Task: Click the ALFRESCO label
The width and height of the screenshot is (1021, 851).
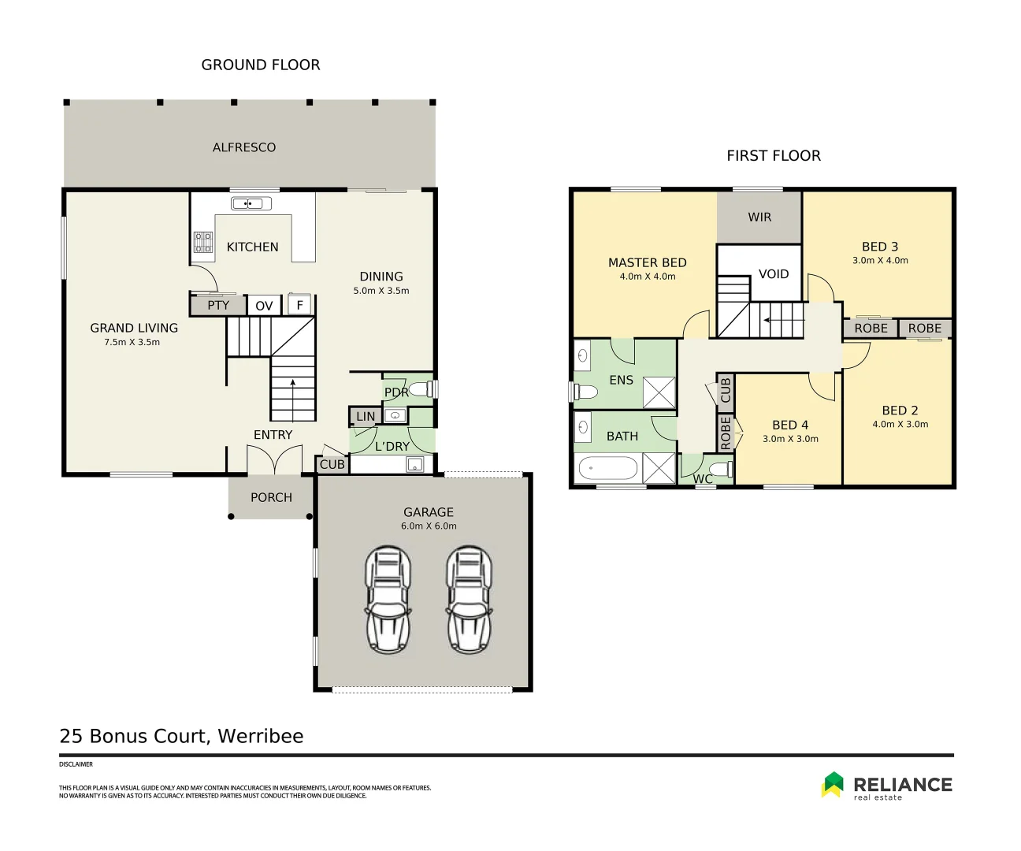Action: click(x=244, y=147)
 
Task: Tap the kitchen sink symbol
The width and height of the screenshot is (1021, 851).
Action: click(x=251, y=204)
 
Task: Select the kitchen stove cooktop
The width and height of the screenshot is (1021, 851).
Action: click(x=203, y=242)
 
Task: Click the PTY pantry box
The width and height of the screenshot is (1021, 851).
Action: click(x=218, y=305)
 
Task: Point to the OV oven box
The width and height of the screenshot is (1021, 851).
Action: click(x=264, y=306)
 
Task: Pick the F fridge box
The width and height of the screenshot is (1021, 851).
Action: click(x=299, y=305)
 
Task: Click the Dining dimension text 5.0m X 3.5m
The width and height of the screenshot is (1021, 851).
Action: click(x=381, y=291)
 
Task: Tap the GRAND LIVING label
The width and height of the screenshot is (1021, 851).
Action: click(x=134, y=328)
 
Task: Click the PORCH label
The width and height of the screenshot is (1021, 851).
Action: click(x=271, y=497)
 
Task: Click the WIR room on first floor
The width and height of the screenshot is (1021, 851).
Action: click(x=759, y=217)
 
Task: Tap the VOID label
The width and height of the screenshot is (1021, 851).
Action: click(x=774, y=274)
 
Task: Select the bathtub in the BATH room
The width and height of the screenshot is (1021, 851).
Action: click(x=607, y=470)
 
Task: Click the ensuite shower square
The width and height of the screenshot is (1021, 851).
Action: click(x=659, y=392)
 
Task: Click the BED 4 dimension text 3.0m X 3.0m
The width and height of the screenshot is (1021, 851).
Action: click(x=790, y=439)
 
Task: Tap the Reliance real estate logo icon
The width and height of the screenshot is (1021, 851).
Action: click(x=833, y=785)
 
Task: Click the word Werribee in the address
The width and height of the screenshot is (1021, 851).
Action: click(x=260, y=736)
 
